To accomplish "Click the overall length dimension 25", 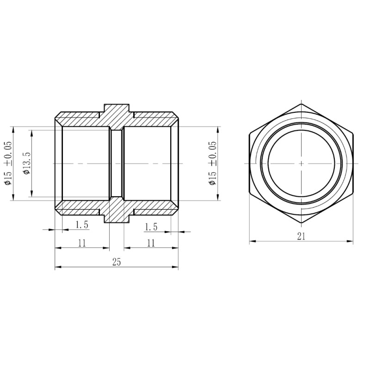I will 116,262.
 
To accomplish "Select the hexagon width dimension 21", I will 301,236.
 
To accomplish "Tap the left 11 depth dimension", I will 82,243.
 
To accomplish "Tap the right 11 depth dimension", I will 150,243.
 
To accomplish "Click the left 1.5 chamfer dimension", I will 82,225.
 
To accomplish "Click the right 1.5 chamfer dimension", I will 151,227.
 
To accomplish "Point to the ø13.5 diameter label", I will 26,163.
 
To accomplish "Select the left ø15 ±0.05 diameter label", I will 8,163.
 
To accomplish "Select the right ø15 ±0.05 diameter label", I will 212,163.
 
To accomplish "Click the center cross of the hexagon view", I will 301,163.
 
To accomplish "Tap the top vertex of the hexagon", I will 301,104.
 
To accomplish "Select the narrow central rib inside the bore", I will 117,163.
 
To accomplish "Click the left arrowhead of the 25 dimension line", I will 57,267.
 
